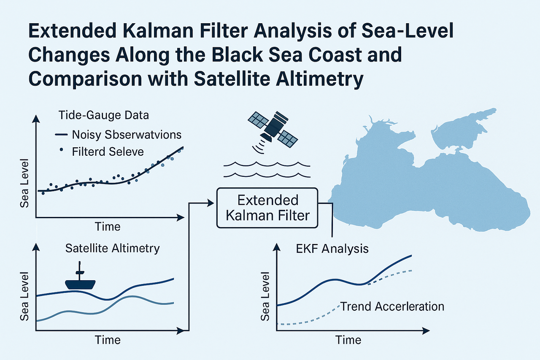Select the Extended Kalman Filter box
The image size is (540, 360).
click(267, 207)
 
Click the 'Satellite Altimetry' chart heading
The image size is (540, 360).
click(113, 248)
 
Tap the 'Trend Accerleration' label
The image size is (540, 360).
click(392, 306)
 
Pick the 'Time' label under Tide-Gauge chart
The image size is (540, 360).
click(108, 226)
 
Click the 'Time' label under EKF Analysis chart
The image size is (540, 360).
click(348, 340)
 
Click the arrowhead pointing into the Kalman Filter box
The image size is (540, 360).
click(211, 203)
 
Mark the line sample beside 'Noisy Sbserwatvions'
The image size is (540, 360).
click(62, 135)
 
